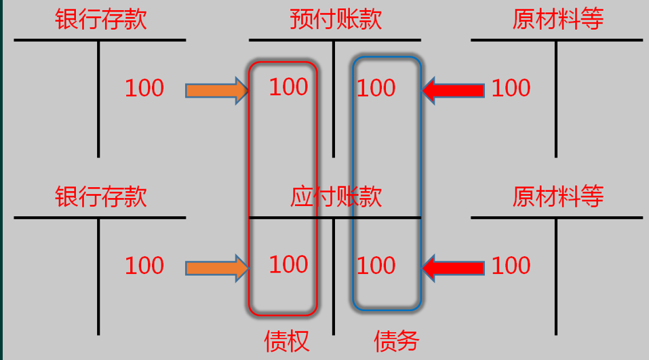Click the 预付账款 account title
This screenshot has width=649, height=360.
335,19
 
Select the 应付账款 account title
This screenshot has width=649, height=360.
336,197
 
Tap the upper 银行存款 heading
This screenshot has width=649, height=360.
100,19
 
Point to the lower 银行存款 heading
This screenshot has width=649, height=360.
100,197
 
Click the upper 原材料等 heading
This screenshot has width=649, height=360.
557,19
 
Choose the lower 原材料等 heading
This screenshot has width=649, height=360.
557,197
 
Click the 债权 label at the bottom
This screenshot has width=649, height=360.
287,340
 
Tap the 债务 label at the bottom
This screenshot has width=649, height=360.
397,340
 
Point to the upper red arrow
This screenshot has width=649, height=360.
453,90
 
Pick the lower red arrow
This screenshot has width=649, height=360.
453,268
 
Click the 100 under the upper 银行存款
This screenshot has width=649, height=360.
144,88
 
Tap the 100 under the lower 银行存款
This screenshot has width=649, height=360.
144,266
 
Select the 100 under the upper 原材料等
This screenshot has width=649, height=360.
511,88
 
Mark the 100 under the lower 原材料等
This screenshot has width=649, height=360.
511,266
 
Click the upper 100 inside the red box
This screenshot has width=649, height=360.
288,87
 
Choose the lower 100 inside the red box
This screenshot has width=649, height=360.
288,264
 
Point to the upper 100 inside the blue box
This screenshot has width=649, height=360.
376,88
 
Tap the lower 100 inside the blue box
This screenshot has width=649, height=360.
376,266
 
